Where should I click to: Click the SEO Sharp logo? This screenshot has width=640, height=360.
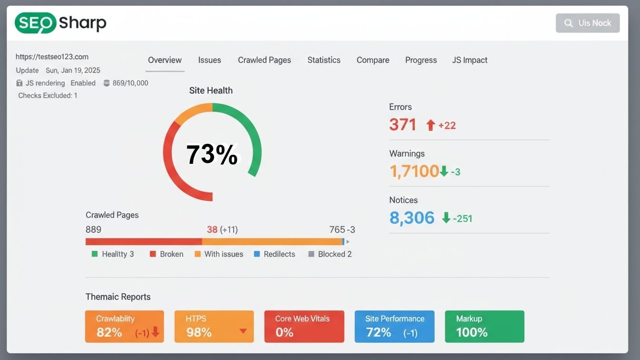(x=60, y=23)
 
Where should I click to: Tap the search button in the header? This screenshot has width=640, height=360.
(x=588, y=23)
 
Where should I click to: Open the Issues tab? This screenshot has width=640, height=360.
(x=210, y=60)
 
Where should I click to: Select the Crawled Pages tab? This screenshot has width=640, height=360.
(x=264, y=60)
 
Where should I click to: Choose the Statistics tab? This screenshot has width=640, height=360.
(x=324, y=60)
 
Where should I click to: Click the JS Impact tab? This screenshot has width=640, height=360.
(x=470, y=60)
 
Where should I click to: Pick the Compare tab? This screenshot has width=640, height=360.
(x=373, y=60)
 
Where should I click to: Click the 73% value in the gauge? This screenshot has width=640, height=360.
(x=212, y=154)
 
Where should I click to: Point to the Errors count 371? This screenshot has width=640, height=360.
(x=403, y=125)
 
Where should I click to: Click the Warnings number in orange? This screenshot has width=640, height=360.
(x=414, y=171)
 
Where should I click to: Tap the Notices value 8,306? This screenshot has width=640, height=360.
(x=412, y=218)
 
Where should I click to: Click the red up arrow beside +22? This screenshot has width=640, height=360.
(x=430, y=125)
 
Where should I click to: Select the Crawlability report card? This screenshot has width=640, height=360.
(x=124, y=326)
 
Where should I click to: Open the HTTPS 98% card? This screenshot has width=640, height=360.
(x=214, y=326)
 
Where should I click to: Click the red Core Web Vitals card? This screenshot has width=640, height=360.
(x=304, y=326)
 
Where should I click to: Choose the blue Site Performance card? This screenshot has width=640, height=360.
(x=394, y=326)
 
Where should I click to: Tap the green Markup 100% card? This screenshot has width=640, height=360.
(x=484, y=326)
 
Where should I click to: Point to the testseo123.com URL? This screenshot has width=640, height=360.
(x=52, y=57)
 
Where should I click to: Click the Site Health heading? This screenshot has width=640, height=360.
(x=211, y=90)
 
